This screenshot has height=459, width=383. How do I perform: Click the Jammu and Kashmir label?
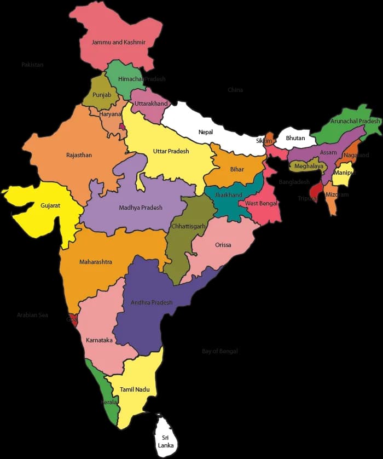(x=118, y=42)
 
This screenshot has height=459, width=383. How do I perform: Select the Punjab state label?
(x=102, y=95)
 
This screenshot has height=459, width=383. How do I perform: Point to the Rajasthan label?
(x=79, y=155)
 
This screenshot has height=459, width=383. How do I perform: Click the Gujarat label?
(x=50, y=206)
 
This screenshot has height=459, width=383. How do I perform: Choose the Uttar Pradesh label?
(x=171, y=151)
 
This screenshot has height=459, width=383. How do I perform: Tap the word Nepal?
(x=206, y=132)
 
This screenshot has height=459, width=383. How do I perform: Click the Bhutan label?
(x=295, y=138)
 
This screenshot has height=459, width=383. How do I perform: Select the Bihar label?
(x=237, y=169)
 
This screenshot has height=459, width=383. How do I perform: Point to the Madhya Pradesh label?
(x=141, y=208)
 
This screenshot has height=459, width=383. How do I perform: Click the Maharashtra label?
(x=96, y=262)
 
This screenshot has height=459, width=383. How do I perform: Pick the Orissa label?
(x=223, y=245)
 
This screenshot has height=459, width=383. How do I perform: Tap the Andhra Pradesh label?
(x=152, y=302)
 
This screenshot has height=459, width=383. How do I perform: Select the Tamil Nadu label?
(x=135, y=389)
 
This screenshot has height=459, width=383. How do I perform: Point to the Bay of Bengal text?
(x=220, y=351)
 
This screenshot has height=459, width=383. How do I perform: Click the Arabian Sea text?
(x=32, y=315)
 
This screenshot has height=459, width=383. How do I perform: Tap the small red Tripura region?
(x=315, y=191)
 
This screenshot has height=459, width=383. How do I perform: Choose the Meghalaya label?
(x=309, y=165)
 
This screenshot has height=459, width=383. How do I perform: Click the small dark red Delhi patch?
(x=123, y=127)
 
